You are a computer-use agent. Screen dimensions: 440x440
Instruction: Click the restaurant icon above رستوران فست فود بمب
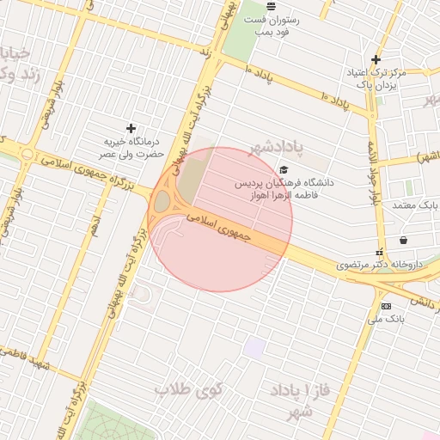tap(271, 6)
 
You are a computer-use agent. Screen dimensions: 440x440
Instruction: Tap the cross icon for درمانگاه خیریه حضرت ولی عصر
tap(131, 128)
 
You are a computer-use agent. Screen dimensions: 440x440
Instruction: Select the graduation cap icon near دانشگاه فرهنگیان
tap(284, 169)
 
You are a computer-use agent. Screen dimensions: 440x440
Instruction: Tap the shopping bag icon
tap(402, 240)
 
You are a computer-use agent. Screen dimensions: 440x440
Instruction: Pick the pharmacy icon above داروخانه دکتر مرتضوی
tap(378, 253)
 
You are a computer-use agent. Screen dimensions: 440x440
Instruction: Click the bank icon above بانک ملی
tap(385, 306)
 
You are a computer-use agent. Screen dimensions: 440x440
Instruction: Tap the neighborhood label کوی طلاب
tap(188, 390)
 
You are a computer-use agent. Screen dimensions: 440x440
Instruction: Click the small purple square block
tap(254, 348)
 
